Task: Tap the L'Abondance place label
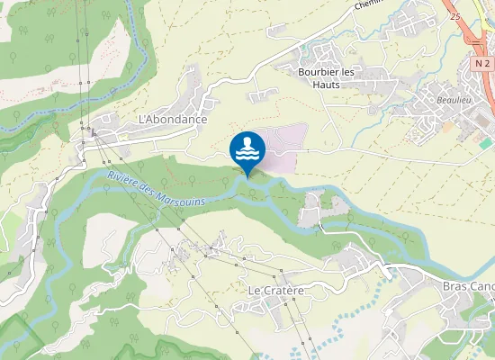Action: (x=173, y=119)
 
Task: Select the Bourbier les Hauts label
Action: (x=326, y=76)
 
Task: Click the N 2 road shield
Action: (x=482, y=64)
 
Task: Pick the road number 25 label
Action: (x=455, y=17)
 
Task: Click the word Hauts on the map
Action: (x=326, y=84)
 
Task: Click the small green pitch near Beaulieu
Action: (x=485, y=143)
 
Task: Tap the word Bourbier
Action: (x=317, y=71)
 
